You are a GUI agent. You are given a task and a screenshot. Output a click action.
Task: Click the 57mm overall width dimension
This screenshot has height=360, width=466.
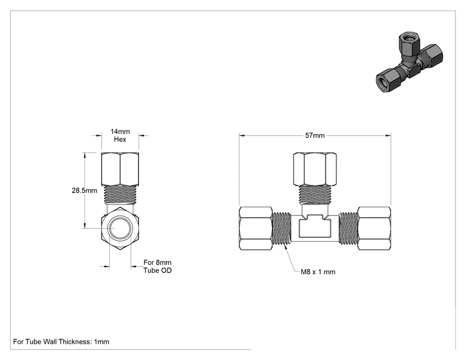314,135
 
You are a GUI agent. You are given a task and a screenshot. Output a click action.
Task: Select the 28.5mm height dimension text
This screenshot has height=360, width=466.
85,190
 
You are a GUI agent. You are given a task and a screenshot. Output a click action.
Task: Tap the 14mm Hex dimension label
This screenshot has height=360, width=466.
120,135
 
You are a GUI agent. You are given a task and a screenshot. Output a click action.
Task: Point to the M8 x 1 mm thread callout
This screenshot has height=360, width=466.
318,272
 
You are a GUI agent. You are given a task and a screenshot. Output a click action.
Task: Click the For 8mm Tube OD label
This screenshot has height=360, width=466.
157,267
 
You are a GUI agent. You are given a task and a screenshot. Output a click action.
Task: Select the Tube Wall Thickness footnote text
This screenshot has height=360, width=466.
61,342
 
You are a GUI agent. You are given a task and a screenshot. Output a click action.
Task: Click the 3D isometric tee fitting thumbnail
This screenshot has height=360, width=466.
409,63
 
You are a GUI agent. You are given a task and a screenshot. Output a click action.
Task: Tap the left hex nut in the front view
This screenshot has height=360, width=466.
256,229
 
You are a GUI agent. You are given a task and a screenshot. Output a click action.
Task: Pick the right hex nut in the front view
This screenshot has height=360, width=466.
374,229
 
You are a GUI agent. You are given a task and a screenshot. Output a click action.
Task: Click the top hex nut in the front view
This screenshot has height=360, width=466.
315,169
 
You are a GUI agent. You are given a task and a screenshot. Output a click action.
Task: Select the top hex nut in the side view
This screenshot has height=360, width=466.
120,169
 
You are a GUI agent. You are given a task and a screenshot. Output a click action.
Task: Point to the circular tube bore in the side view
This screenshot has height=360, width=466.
120,229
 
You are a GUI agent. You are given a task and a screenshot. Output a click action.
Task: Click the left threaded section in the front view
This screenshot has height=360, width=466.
282,229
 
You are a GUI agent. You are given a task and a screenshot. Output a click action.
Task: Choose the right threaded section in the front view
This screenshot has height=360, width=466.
348,229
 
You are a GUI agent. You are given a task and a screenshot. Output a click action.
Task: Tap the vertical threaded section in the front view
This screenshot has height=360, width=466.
315,195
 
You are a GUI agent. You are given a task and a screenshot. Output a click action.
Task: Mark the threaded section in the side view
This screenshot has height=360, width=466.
120,195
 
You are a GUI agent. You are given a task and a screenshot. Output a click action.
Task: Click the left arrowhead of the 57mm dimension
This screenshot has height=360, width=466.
242,135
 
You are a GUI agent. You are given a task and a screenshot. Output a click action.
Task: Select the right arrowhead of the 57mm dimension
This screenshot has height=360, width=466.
388,135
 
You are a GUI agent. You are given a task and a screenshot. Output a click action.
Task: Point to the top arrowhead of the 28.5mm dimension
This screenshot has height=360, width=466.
85,155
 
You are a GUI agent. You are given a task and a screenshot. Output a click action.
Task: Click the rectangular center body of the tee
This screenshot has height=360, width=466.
315,229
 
